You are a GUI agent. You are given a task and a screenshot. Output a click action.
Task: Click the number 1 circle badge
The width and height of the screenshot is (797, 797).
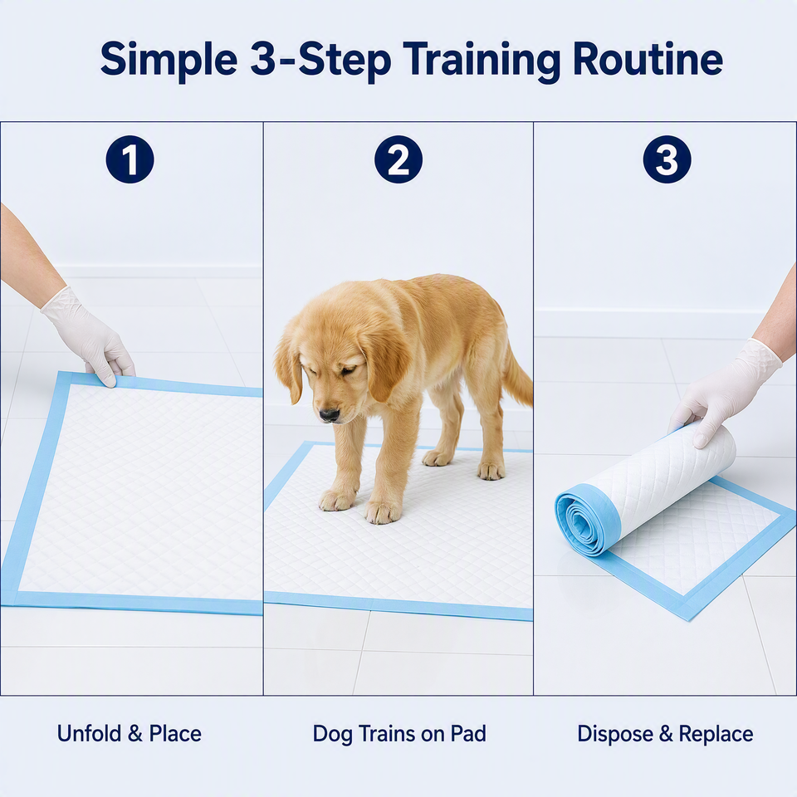click(130, 159)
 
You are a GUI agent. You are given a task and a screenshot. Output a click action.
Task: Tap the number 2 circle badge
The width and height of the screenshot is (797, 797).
click(398, 159)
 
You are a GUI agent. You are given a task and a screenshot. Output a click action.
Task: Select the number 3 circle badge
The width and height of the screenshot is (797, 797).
click(667, 159)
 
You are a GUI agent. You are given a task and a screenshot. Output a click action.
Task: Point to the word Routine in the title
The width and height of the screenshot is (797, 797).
click(648, 59)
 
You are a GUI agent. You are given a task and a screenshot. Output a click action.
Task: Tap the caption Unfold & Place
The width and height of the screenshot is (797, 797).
click(130, 733)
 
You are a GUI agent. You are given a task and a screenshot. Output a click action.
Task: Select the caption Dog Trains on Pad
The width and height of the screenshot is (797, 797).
click(399, 734)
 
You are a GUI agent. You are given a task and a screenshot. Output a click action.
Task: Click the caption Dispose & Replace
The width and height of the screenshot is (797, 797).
click(665, 734)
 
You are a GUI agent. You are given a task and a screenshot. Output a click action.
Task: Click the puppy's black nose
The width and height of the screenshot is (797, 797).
click(329, 415)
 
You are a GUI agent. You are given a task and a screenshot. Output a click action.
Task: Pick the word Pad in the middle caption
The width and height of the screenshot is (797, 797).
click(468, 733)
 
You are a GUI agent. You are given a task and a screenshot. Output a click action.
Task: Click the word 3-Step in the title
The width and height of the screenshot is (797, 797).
click(320, 61)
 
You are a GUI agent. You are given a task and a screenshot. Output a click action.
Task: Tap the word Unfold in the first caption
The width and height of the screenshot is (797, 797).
click(89, 733)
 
